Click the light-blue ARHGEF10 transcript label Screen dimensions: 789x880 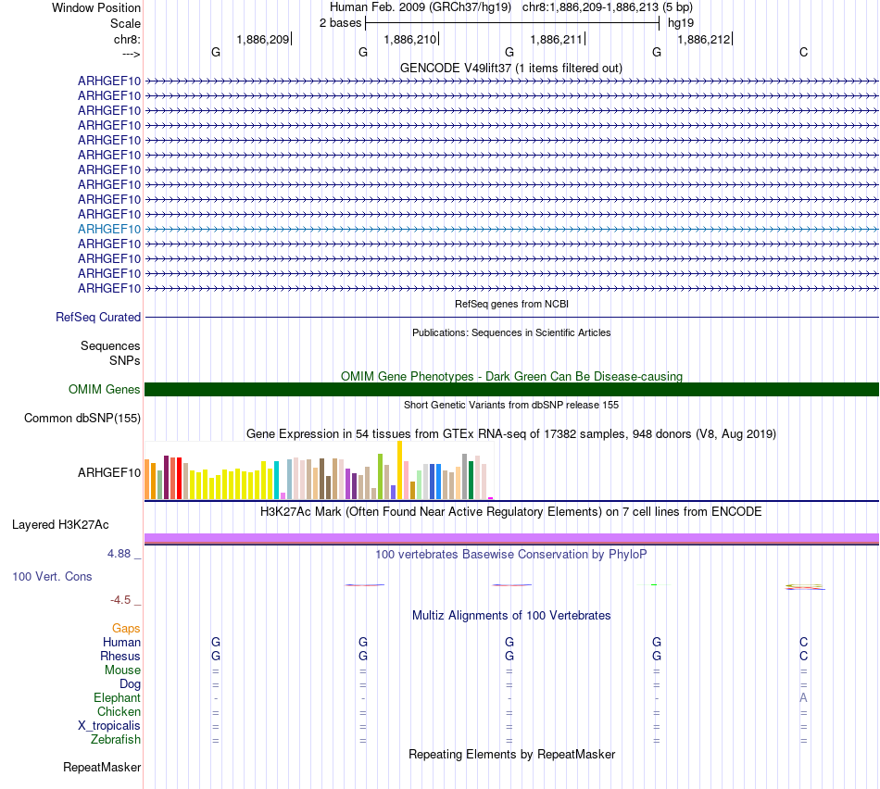tap(109, 229)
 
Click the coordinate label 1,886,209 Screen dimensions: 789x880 tap(263, 40)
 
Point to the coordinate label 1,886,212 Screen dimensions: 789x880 tap(704, 40)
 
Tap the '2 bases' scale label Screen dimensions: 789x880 tap(340, 22)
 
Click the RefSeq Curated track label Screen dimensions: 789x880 tap(98, 317)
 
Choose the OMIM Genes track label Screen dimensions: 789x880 tap(105, 390)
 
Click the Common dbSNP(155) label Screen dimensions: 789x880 tap(82, 419)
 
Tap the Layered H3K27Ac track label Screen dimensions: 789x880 tap(60, 525)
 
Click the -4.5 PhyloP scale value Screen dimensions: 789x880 tap(124, 599)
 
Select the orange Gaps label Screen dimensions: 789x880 tap(126, 629)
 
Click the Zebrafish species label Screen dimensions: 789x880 tap(116, 740)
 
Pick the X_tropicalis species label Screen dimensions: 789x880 tap(109, 726)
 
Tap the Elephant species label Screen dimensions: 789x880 tap(117, 698)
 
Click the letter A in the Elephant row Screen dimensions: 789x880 tap(803, 697)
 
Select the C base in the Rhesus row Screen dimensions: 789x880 tap(803, 656)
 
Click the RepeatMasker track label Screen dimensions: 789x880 tap(102, 767)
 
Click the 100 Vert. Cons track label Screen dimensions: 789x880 tap(52, 576)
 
